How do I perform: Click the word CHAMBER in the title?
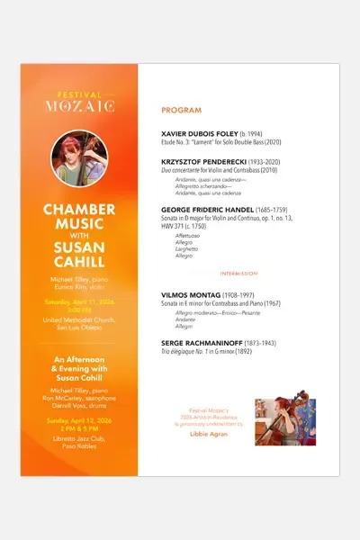(x=80, y=209)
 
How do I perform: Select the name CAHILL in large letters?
(x=80, y=261)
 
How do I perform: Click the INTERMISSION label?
(x=238, y=272)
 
